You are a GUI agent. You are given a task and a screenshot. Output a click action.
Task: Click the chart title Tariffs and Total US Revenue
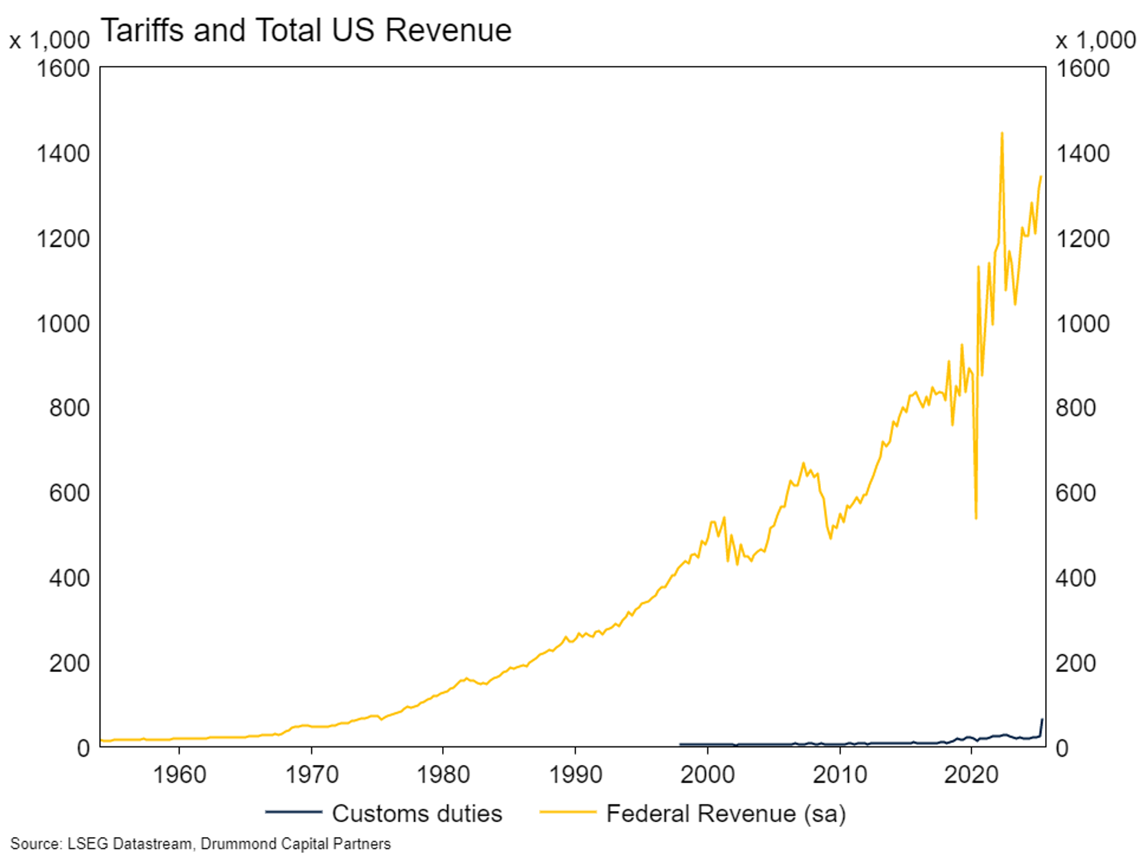(306, 31)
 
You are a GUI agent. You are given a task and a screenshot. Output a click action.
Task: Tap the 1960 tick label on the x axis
(179, 775)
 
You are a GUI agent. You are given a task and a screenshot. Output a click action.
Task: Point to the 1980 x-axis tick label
(443, 775)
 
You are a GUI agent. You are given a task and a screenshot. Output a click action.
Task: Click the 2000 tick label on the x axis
(707, 775)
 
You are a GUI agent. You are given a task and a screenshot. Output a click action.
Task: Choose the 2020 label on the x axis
(971, 775)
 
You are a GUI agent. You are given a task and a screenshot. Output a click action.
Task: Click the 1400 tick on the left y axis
(63, 153)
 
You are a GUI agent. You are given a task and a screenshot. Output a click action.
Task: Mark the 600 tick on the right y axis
(1076, 493)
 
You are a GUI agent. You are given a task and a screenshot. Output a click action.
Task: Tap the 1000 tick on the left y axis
(63, 323)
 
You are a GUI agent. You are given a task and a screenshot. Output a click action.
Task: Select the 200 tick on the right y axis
(1076, 663)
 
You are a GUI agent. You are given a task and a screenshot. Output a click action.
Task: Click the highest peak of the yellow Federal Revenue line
(1002, 133)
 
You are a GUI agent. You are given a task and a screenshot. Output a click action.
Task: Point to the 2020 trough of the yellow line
(976, 517)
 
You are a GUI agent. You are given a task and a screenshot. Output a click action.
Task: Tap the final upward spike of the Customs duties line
(1042, 720)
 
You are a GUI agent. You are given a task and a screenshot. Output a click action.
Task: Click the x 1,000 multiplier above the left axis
(50, 41)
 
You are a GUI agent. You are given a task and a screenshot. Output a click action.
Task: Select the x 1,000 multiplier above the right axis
(1095, 41)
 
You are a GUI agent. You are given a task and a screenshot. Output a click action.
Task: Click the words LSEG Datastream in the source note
(129, 844)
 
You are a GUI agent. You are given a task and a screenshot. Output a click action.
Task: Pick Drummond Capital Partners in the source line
(296, 844)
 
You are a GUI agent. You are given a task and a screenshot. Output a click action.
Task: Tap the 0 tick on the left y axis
(83, 748)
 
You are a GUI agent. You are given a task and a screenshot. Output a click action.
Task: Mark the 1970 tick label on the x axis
(311, 775)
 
